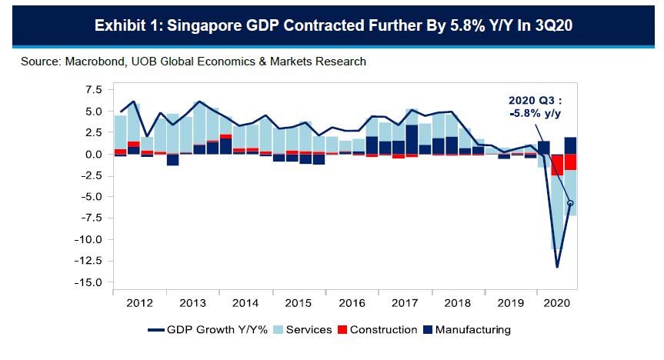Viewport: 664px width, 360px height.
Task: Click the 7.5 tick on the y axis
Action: point(92,90)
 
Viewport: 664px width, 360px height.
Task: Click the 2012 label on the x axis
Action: point(139,303)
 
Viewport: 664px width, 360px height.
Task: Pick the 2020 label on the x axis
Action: point(556,303)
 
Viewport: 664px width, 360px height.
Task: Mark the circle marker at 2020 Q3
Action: point(571,203)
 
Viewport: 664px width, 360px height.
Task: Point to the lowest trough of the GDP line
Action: point(556,267)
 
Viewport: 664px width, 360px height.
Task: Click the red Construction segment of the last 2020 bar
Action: point(571,162)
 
